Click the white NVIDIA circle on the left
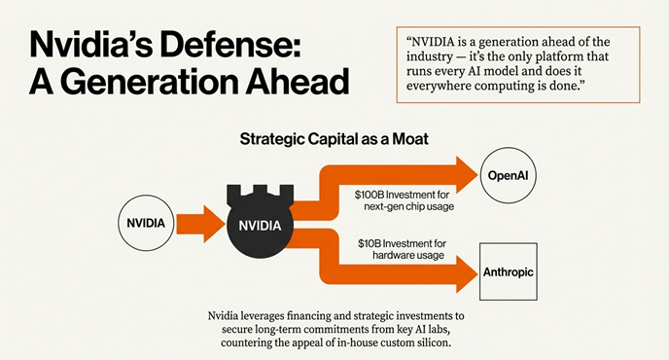tap(147, 223)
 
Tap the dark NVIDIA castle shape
tap(260, 224)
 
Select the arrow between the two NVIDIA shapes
tap(201, 223)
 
